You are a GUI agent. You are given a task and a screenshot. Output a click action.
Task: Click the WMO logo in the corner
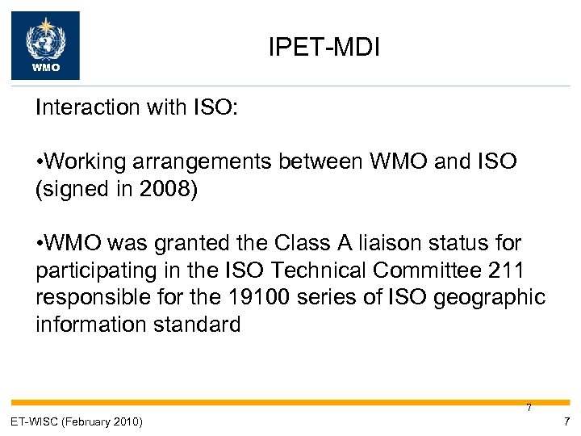pos(45,45)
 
